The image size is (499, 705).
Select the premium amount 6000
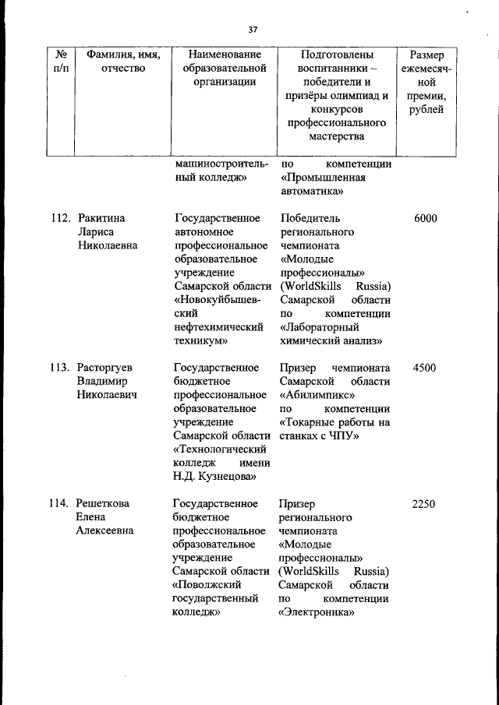(x=425, y=219)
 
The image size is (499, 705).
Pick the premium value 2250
(x=423, y=504)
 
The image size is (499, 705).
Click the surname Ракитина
(x=101, y=219)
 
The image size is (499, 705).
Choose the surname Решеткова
(x=103, y=504)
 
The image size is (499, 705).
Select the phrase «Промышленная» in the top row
(x=318, y=178)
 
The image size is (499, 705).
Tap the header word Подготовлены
(x=337, y=55)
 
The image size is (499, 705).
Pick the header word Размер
(x=427, y=55)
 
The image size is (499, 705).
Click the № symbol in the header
(x=61, y=55)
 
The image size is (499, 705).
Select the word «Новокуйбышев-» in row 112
(x=218, y=300)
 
